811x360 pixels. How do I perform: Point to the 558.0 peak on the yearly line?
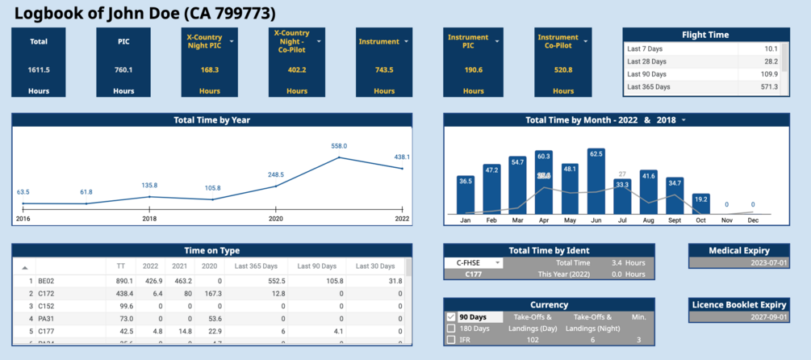pos(339,157)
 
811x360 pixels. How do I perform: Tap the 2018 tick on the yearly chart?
pos(149,219)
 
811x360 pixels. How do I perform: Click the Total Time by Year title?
pos(211,120)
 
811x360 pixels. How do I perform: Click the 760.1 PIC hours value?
pos(123,69)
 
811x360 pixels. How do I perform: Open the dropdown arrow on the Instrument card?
pos(407,41)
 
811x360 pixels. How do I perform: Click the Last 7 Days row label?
pos(646,49)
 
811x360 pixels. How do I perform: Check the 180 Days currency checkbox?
pos(451,329)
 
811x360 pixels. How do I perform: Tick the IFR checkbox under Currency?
pos(451,340)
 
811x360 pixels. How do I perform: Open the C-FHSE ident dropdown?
pos(498,262)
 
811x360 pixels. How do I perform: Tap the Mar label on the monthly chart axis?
pos(517,220)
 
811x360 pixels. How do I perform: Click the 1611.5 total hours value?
pos(39,69)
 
